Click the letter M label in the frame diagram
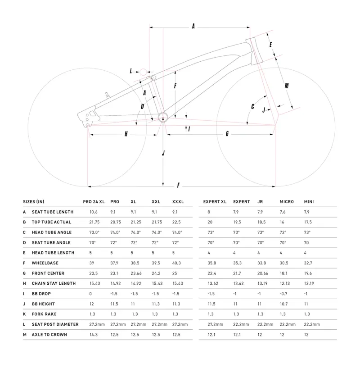click(x=287, y=86)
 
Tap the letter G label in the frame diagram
click(x=227, y=133)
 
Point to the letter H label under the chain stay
click(x=126, y=134)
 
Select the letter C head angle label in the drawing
click(x=253, y=107)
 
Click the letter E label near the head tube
click(x=271, y=45)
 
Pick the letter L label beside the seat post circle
click(x=131, y=71)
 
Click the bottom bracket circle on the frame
click(x=163, y=118)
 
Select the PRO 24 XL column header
click(x=94, y=202)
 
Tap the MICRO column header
click(x=287, y=202)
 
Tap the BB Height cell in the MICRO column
click(x=284, y=304)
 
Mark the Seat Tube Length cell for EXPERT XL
click(x=209, y=212)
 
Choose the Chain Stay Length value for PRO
click(x=116, y=283)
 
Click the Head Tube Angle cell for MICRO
click(x=283, y=232)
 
